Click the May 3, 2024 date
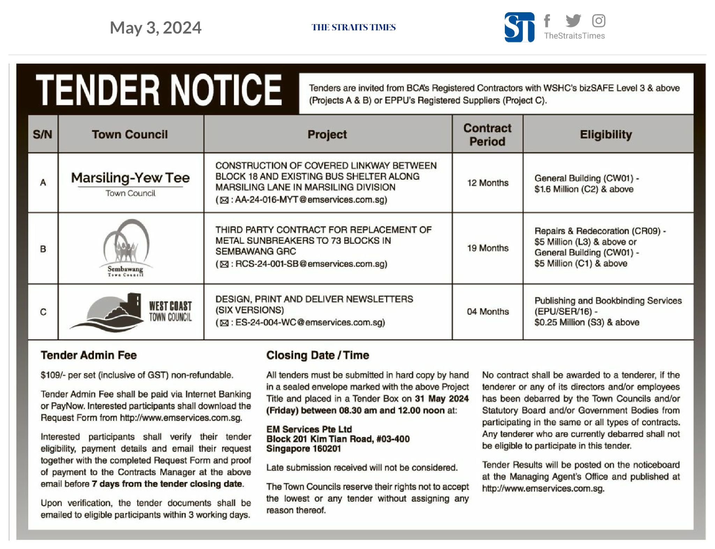155,28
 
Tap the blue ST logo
519,27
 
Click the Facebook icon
547,21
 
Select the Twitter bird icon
573,21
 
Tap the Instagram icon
598,21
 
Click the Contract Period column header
487,135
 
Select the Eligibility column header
606,135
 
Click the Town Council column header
130,135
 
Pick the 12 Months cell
488,183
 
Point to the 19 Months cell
488,248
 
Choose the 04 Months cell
488,311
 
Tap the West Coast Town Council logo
131,311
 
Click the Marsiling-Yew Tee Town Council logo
130,183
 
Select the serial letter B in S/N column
43,249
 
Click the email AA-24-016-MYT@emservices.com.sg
311,200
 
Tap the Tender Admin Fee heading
89,355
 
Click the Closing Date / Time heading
317,355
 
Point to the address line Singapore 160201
303,449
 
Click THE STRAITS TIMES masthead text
353,27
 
